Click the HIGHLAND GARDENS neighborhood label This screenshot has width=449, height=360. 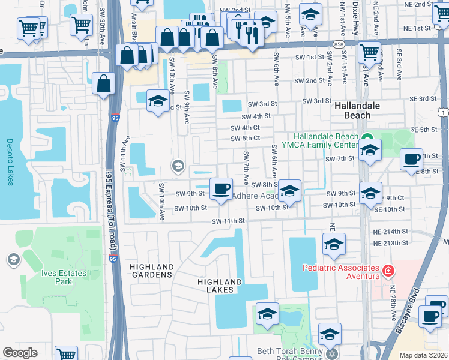click(x=152, y=271)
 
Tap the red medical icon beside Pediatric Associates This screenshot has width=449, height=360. click(x=389, y=271)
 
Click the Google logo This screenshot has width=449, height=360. click(x=20, y=353)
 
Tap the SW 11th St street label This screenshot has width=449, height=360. click(x=228, y=221)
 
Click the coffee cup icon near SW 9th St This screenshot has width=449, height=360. click(x=221, y=188)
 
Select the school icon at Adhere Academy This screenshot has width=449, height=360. click(x=289, y=191)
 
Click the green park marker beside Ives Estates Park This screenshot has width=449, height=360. click(x=13, y=259)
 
